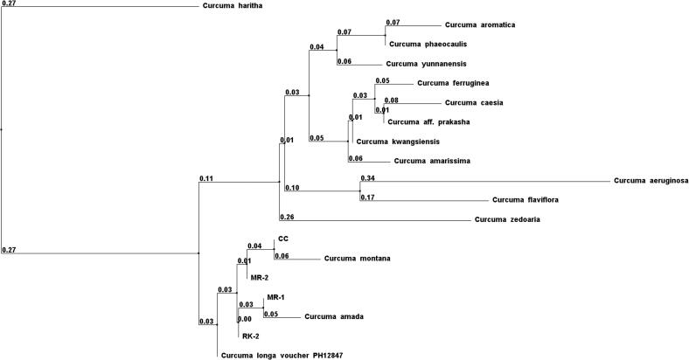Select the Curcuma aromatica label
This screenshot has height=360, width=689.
tap(479, 25)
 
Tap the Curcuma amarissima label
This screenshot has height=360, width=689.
tap(433, 161)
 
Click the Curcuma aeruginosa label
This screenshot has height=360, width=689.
tap(651, 181)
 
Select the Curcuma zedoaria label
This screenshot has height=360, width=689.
tap(507, 219)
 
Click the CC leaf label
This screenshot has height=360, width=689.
tap(283, 239)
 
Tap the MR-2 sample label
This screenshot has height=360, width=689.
tap(260, 278)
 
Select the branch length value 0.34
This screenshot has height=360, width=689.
tap(367, 178)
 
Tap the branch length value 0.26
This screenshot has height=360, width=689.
tap(286, 217)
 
